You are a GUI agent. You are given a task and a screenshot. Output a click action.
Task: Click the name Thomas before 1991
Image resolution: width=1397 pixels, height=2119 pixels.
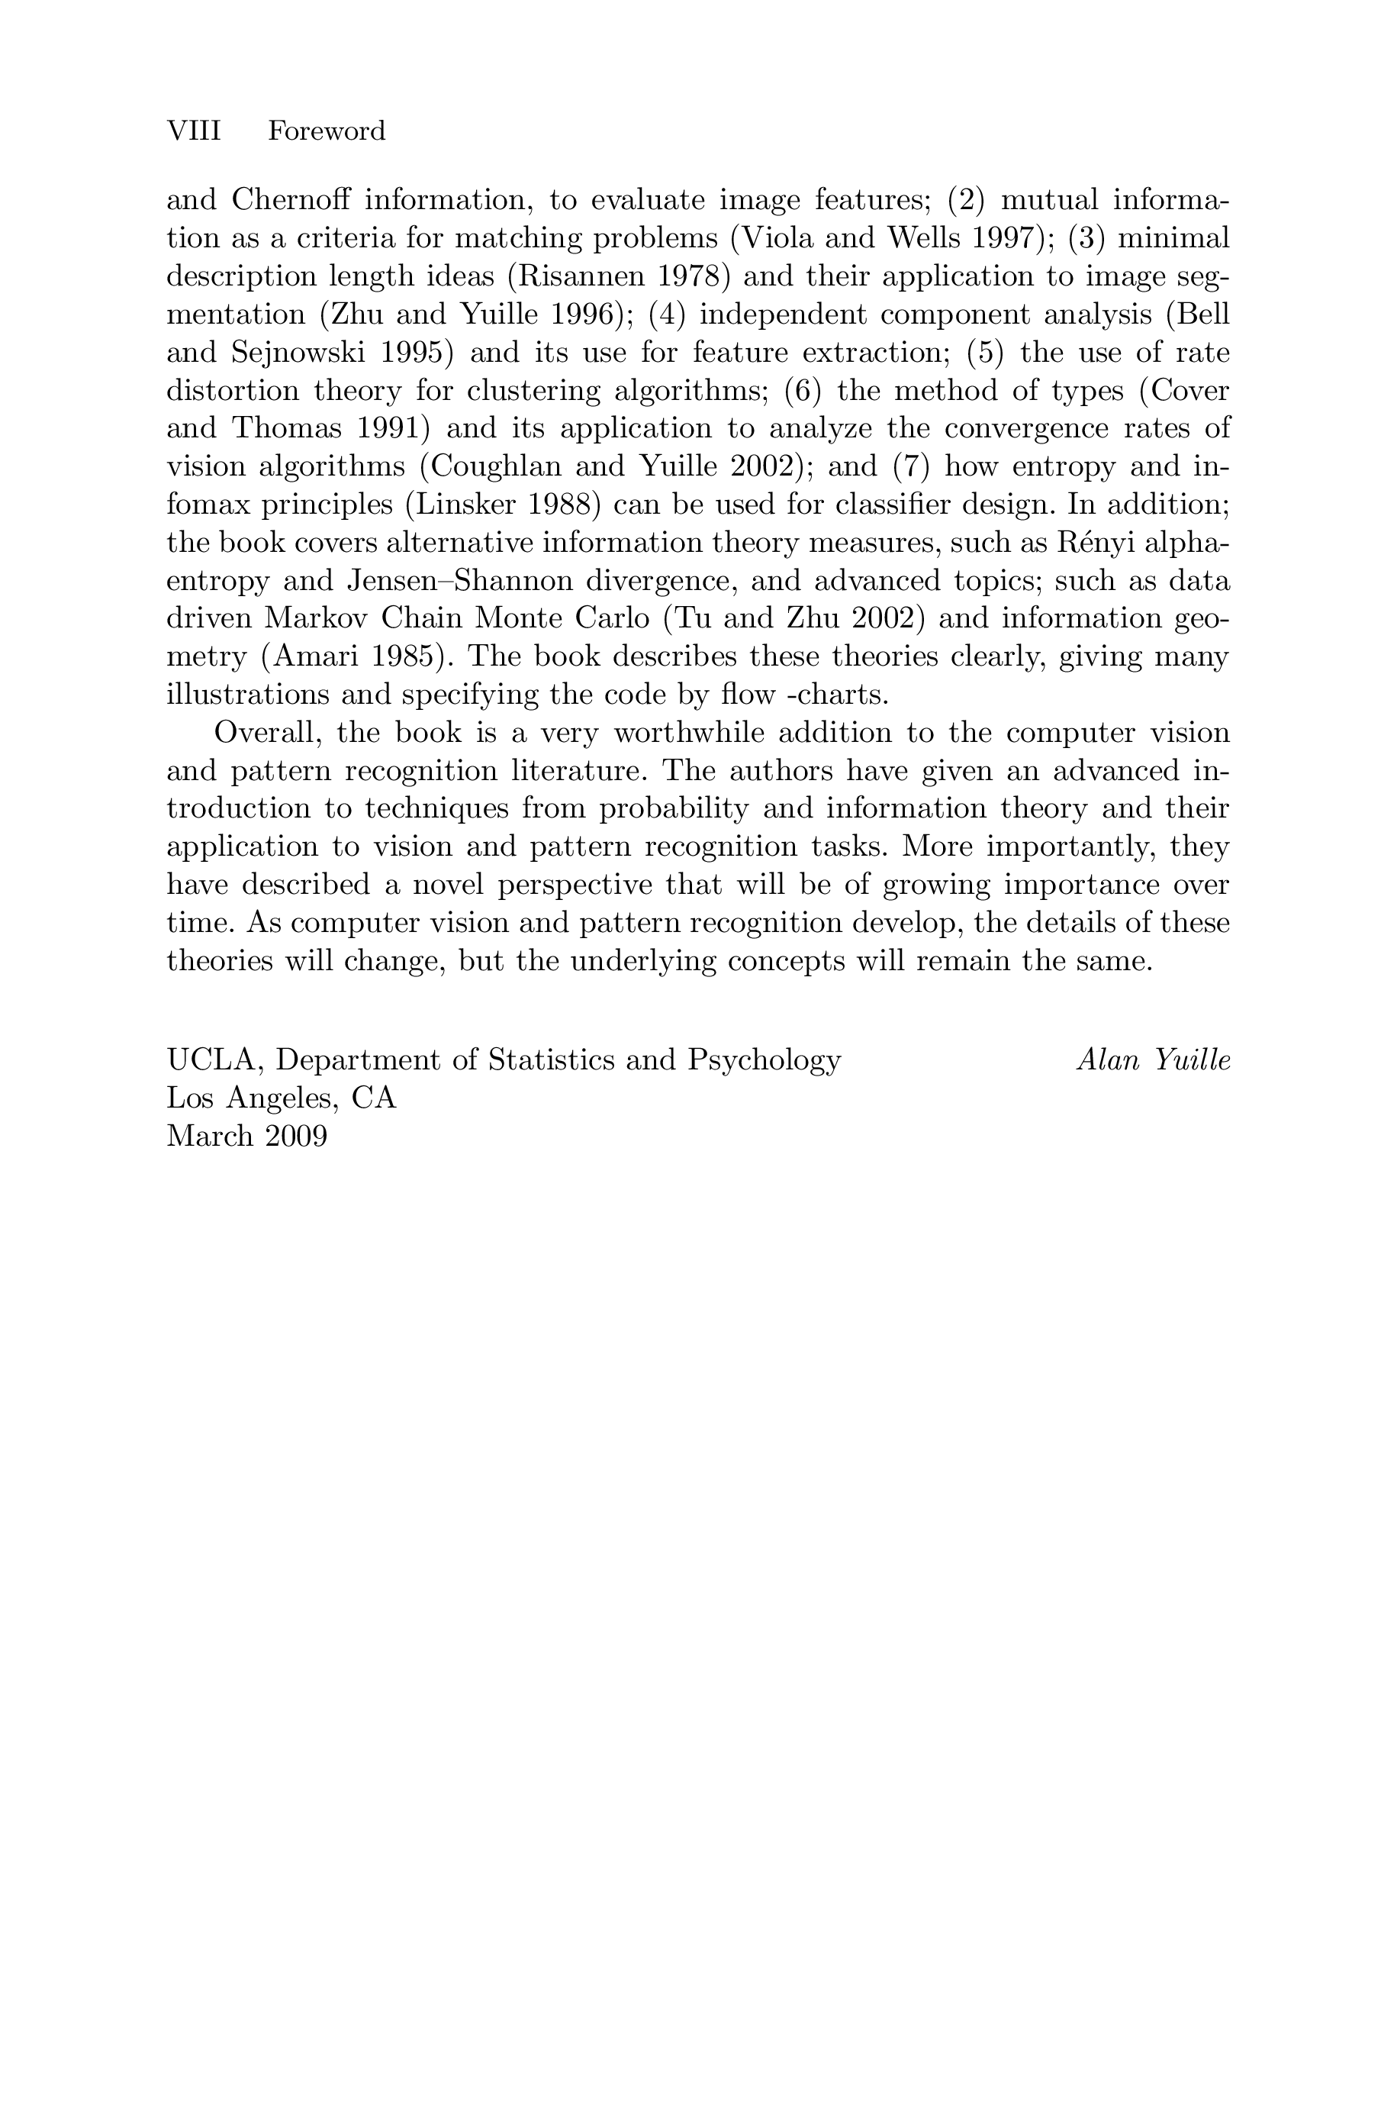287,429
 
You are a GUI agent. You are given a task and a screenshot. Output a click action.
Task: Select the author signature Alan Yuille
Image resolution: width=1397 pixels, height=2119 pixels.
1153,1059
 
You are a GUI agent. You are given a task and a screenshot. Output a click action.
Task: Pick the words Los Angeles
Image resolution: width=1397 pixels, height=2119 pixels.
254,1098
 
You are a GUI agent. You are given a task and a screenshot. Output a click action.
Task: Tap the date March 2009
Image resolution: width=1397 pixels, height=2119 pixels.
246,1136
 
